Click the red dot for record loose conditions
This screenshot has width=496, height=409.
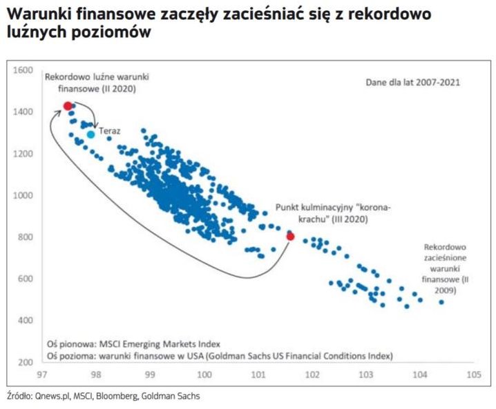tap(68, 106)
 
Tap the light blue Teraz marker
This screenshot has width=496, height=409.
tap(90, 134)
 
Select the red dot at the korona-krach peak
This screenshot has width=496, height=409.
tap(290, 236)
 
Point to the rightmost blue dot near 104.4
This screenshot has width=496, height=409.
tap(441, 301)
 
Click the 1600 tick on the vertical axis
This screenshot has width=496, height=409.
tap(23, 70)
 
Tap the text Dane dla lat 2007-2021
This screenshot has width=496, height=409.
tap(412, 82)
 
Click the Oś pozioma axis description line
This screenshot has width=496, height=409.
tap(219, 356)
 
